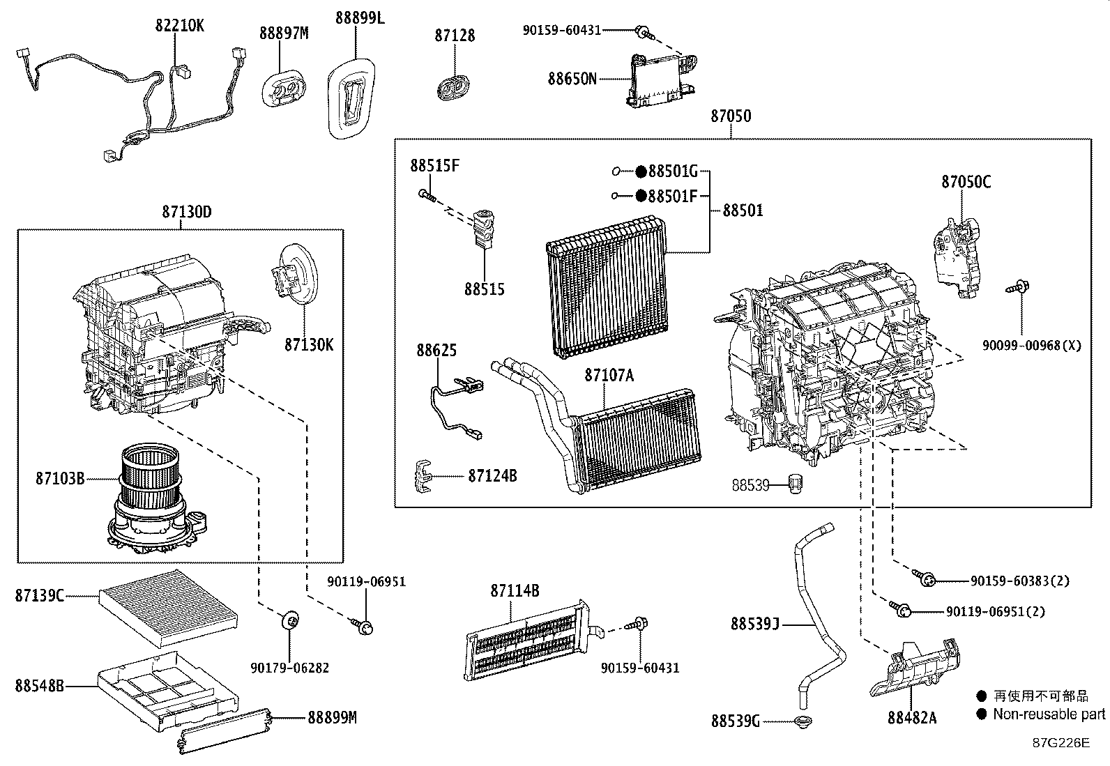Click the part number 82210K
pos(179,26)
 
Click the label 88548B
pos(39,686)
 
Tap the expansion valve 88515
pos(482,229)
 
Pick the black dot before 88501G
pos(640,171)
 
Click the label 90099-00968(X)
pos(1032,345)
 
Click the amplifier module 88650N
pos(662,80)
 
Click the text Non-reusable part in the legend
pos(1049,714)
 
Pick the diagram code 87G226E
pos(1060,742)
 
